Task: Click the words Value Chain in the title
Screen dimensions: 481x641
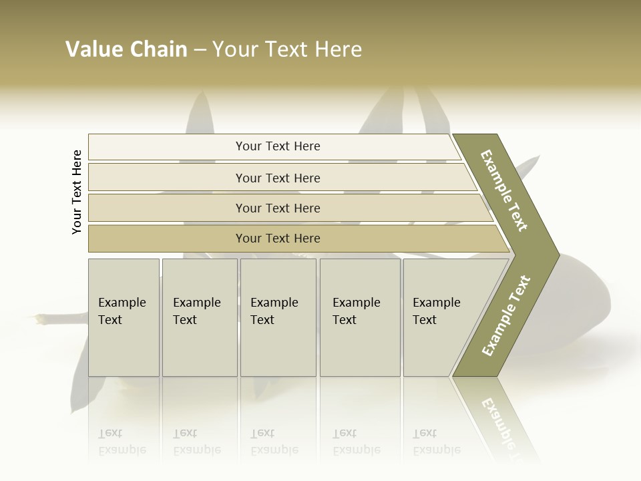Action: point(126,49)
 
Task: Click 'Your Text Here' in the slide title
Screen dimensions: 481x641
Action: point(287,49)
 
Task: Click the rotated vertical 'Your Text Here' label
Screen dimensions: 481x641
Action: point(77,192)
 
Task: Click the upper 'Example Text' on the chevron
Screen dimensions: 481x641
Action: point(504,190)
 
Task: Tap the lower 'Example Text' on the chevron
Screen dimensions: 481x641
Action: point(506,315)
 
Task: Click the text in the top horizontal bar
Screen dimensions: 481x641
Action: point(278,146)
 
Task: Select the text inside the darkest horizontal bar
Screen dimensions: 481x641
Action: point(278,238)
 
